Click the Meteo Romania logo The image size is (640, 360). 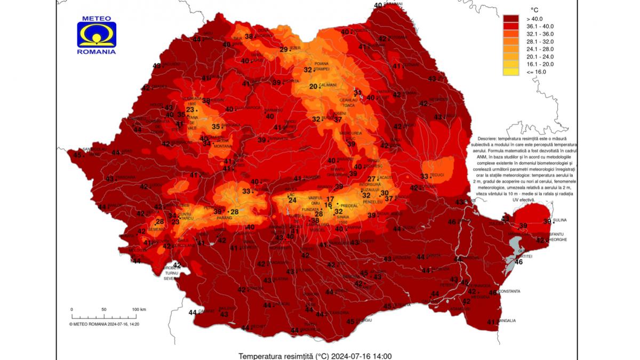pos(97,35)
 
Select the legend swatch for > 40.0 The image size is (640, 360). pos(510,19)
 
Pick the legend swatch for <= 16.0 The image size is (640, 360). pos(510,71)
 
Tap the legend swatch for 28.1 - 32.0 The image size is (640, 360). pos(510,41)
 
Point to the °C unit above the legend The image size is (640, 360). pos(534,10)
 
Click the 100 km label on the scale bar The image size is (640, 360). pos(139,309)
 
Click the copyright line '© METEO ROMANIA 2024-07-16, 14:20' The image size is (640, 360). pos(104,324)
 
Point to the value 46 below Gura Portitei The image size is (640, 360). pos(518,261)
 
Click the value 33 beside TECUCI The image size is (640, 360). pos(425,176)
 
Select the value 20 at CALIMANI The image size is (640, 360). pos(314,86)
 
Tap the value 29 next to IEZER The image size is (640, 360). pos(284,50)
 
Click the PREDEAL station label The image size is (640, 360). pos(348,205)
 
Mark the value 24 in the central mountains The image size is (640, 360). pos(292,200)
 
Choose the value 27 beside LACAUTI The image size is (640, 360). pos(372,179)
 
